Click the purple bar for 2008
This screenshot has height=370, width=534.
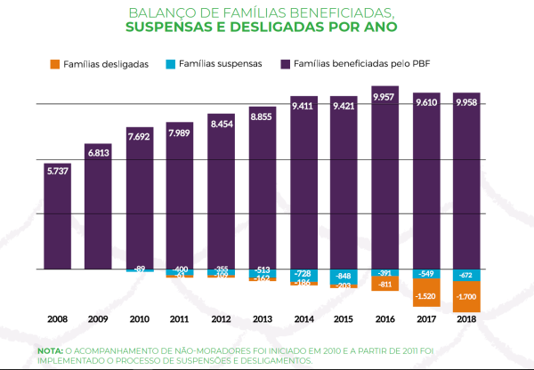(57, 218)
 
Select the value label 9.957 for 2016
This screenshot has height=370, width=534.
(384, 96)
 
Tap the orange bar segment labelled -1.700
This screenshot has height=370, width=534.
(466, 296)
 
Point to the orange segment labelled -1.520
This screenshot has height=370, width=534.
(425, 294)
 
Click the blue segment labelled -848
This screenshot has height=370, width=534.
(344, 276)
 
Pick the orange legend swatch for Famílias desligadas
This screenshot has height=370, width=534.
(54, 65)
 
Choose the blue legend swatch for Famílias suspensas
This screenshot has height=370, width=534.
(169, 65)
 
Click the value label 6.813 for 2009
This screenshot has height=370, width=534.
(98, 153)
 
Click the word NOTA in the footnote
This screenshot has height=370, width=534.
(50, 351)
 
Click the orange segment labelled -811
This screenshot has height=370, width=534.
(384, 285)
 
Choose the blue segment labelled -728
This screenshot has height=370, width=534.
(303, 275)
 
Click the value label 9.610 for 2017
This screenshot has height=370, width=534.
(425, 103)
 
